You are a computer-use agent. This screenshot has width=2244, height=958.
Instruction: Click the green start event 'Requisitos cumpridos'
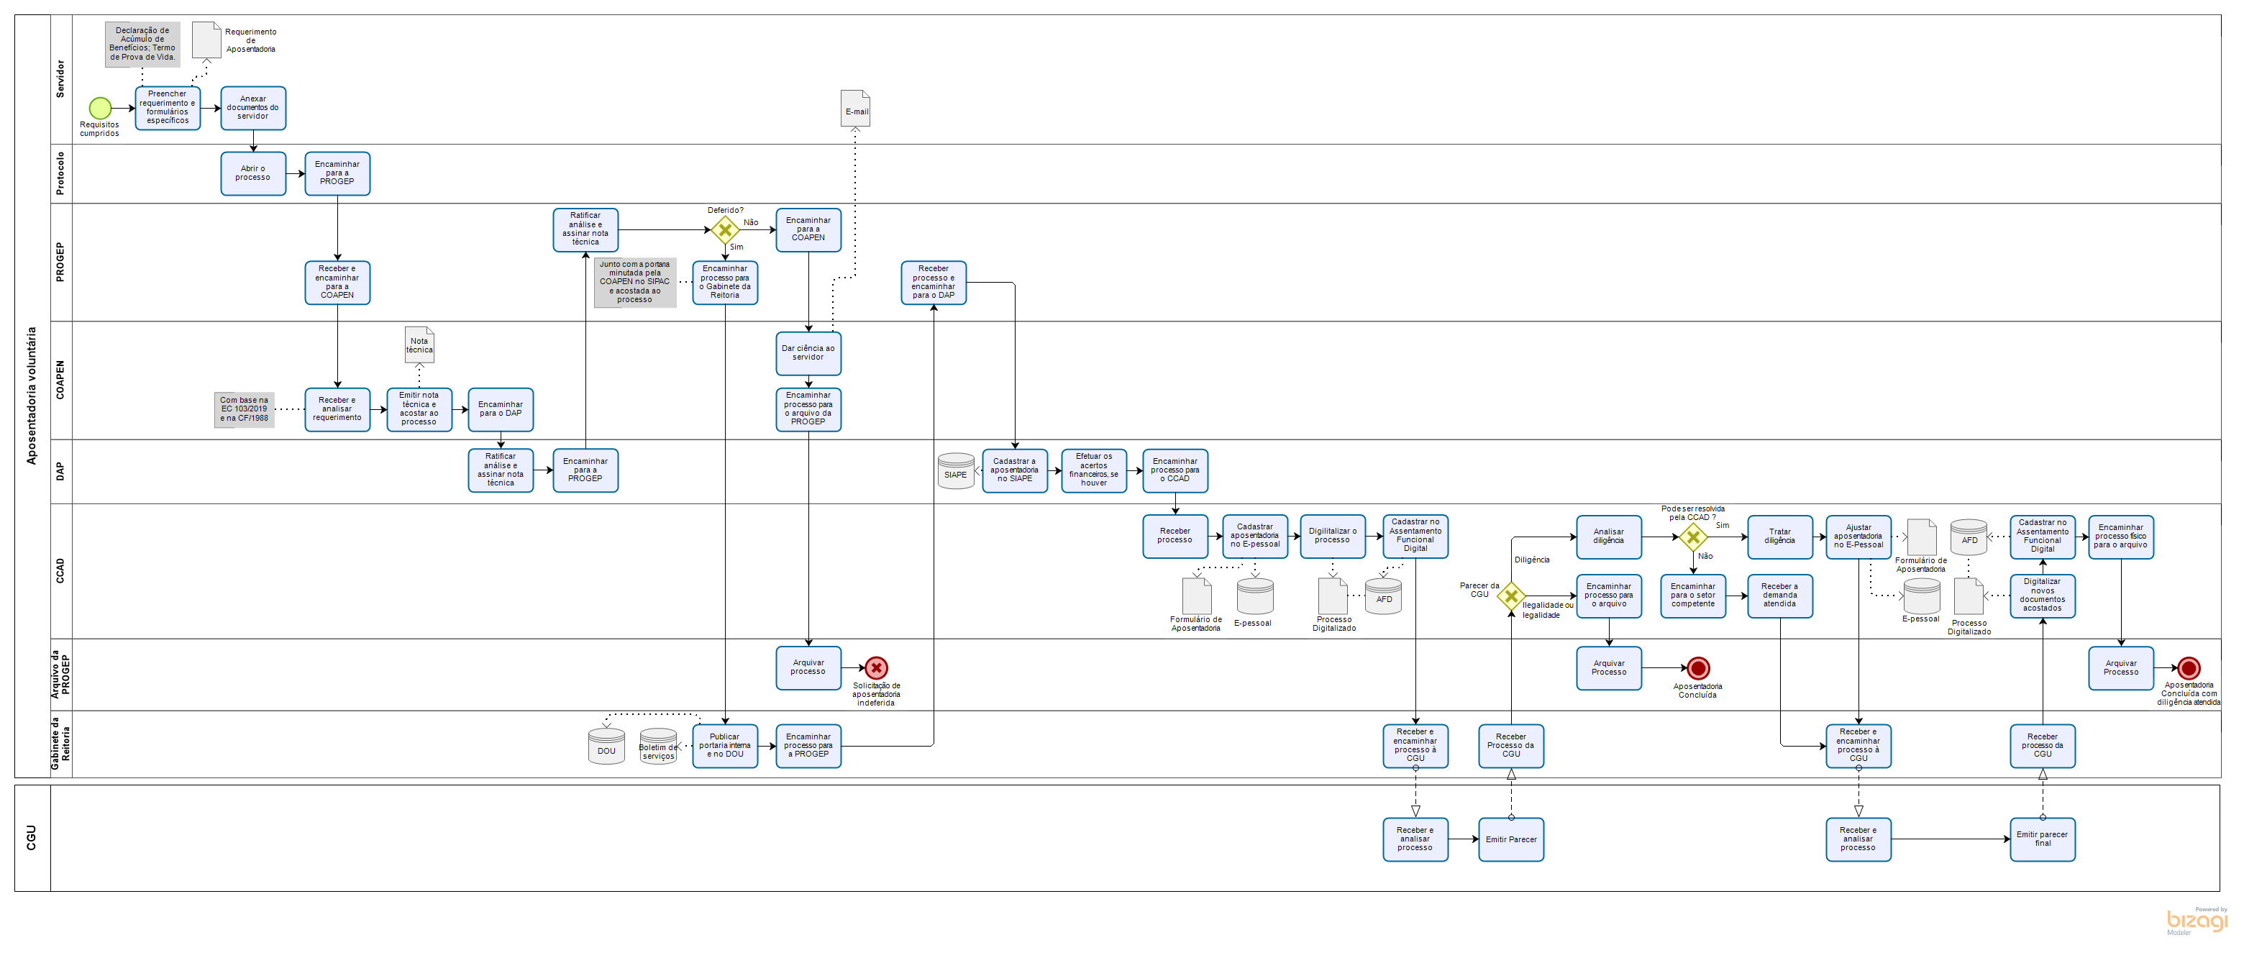[100, 108]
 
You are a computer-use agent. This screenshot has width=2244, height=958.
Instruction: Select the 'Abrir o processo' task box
[252, 173]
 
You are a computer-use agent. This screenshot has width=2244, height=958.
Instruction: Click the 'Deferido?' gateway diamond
[725, 230]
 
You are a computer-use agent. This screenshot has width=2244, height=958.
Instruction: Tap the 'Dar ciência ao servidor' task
[808, 352]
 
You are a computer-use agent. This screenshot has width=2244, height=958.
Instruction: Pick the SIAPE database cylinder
[956, 471]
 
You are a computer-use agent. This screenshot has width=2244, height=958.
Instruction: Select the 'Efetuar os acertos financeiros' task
[1093, 470]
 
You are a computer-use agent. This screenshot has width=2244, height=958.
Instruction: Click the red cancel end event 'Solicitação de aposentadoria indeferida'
[876, 668]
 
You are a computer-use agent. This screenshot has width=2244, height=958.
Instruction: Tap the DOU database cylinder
[606, 747]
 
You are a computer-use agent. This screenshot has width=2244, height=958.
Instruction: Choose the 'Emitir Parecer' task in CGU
[1510, 839]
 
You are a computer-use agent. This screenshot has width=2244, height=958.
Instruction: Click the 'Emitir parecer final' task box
[2042, 839]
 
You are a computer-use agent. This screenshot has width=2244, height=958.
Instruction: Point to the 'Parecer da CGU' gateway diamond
[1511, 596]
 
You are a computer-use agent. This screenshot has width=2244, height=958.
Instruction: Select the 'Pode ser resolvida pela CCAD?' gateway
[1692, 537]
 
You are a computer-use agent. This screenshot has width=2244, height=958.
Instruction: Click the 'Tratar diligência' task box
[1779, 537]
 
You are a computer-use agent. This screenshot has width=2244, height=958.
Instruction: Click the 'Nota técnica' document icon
[419, 345]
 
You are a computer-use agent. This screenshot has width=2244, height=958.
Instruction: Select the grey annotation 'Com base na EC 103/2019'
[244, 409]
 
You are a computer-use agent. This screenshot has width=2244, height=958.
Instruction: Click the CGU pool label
[32, 838]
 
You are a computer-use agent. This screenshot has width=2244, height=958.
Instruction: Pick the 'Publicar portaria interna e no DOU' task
[725, 747]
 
